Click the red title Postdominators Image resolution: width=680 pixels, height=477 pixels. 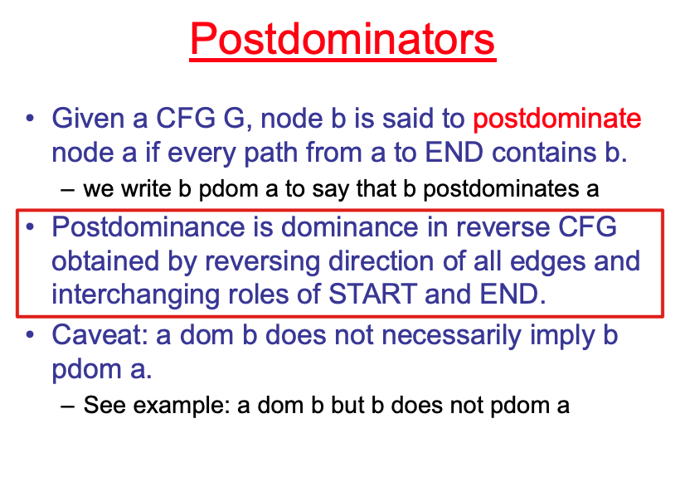click(342, 39)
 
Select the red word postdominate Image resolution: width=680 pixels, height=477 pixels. click(556, 119)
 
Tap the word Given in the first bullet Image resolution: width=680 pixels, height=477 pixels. click(88, 118)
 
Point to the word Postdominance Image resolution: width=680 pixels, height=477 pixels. click(148, 226)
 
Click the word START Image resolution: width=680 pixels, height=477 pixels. click(372, 294)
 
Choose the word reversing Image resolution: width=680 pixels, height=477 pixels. click(262, 261)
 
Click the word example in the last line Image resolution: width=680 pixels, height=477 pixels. click(182, 406)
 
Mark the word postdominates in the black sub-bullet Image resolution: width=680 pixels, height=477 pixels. click(501, 189)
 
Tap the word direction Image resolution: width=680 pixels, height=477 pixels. click(381, 261)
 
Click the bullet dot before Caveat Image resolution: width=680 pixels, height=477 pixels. click(30, 335)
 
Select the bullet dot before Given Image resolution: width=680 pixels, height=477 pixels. click(30, 118)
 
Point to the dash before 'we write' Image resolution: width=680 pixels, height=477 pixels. click(68, 190)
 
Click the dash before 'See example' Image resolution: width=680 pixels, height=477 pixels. click(68, 406)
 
